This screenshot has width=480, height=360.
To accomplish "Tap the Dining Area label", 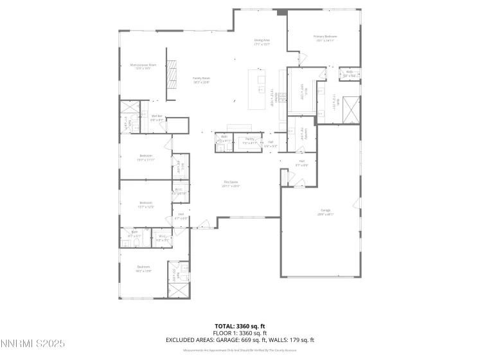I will [x=262, y=42].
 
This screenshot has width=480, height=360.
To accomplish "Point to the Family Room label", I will [x=202, y=80].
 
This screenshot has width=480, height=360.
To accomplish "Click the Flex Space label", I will [x=231, y=184].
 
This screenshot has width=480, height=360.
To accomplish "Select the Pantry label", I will [x=247, y=140].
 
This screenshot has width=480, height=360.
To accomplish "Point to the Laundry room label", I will [x=301, y=132].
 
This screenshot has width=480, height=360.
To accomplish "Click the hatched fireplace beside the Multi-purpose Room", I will [x=172, y=76].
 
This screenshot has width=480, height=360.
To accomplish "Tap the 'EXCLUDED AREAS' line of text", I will [x=239, y=340].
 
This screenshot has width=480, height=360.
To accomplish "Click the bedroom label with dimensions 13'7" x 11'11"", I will [x=145, y=158].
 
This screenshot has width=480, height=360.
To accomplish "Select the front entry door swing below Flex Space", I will [x=204, y=224].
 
